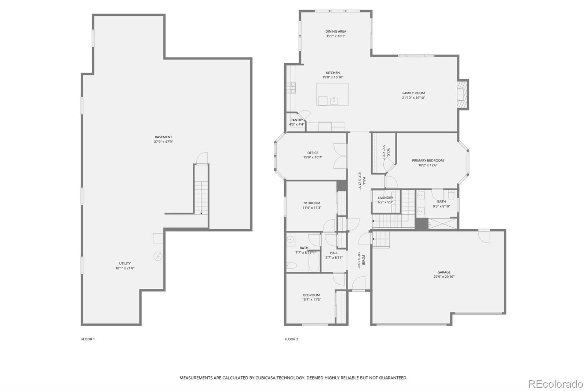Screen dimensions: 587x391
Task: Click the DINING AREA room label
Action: coord(336,32)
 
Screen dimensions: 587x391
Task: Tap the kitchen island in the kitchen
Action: coord(332,94)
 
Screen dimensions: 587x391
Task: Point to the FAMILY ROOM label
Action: coord(413,93)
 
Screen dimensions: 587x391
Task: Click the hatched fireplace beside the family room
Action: coord(463,94)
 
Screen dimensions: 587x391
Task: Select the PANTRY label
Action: coord(297,120)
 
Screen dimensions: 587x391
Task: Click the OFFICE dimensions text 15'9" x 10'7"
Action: coord(313,157)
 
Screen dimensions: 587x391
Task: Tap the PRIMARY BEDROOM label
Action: coord(428,161)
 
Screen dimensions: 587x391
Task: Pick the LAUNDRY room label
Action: coord(385,198)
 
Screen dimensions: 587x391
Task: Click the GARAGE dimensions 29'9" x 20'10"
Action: coord(444,277)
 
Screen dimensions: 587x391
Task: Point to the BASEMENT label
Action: coord(163,137)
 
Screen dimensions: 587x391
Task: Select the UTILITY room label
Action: coord(125,263)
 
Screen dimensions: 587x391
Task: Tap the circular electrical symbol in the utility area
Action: coord(158,256)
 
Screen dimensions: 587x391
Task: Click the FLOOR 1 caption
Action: coord(88,339)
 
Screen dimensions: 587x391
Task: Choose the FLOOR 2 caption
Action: coord(291,339)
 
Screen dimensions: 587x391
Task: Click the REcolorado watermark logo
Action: coord(555,384)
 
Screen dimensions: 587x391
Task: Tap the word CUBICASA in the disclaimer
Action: coord(267,378)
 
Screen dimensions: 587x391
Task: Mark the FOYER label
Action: coord(363,260)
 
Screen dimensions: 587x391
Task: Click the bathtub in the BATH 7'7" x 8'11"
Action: coord(314,262)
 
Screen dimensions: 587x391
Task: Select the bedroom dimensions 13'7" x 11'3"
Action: coord(311,300)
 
